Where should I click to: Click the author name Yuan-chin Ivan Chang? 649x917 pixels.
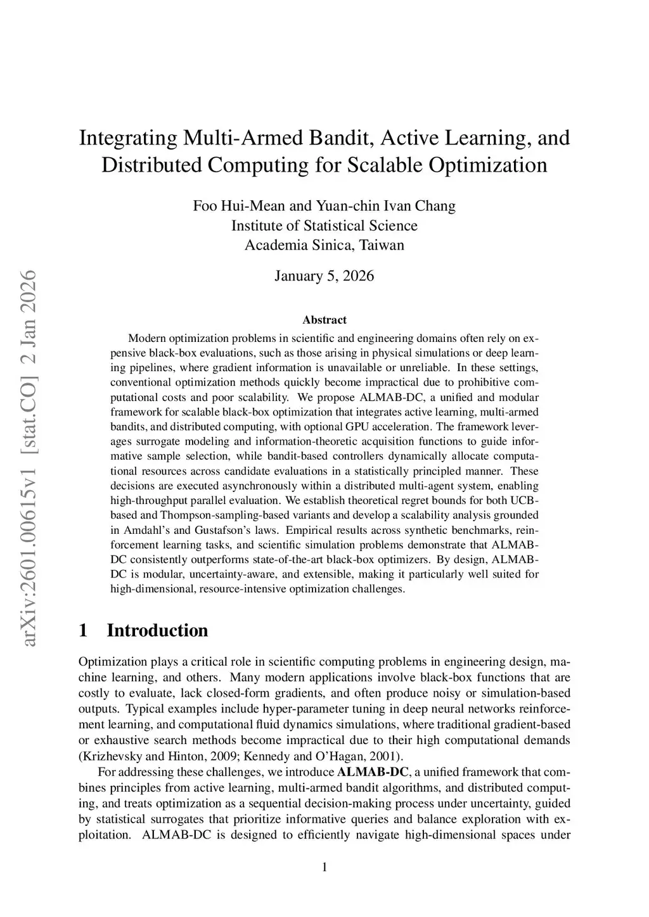coord(385,206)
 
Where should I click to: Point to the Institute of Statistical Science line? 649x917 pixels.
coord(324,225)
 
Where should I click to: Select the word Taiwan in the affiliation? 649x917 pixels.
coord(382,245)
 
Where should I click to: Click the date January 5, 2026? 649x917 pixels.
coord(324,276)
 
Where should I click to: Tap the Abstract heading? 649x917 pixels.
coord(324,320)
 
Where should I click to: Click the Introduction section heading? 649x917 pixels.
coord(157,631)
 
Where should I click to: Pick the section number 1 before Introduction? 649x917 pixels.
coord(82,631)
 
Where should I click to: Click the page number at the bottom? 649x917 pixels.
coord(324,867)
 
